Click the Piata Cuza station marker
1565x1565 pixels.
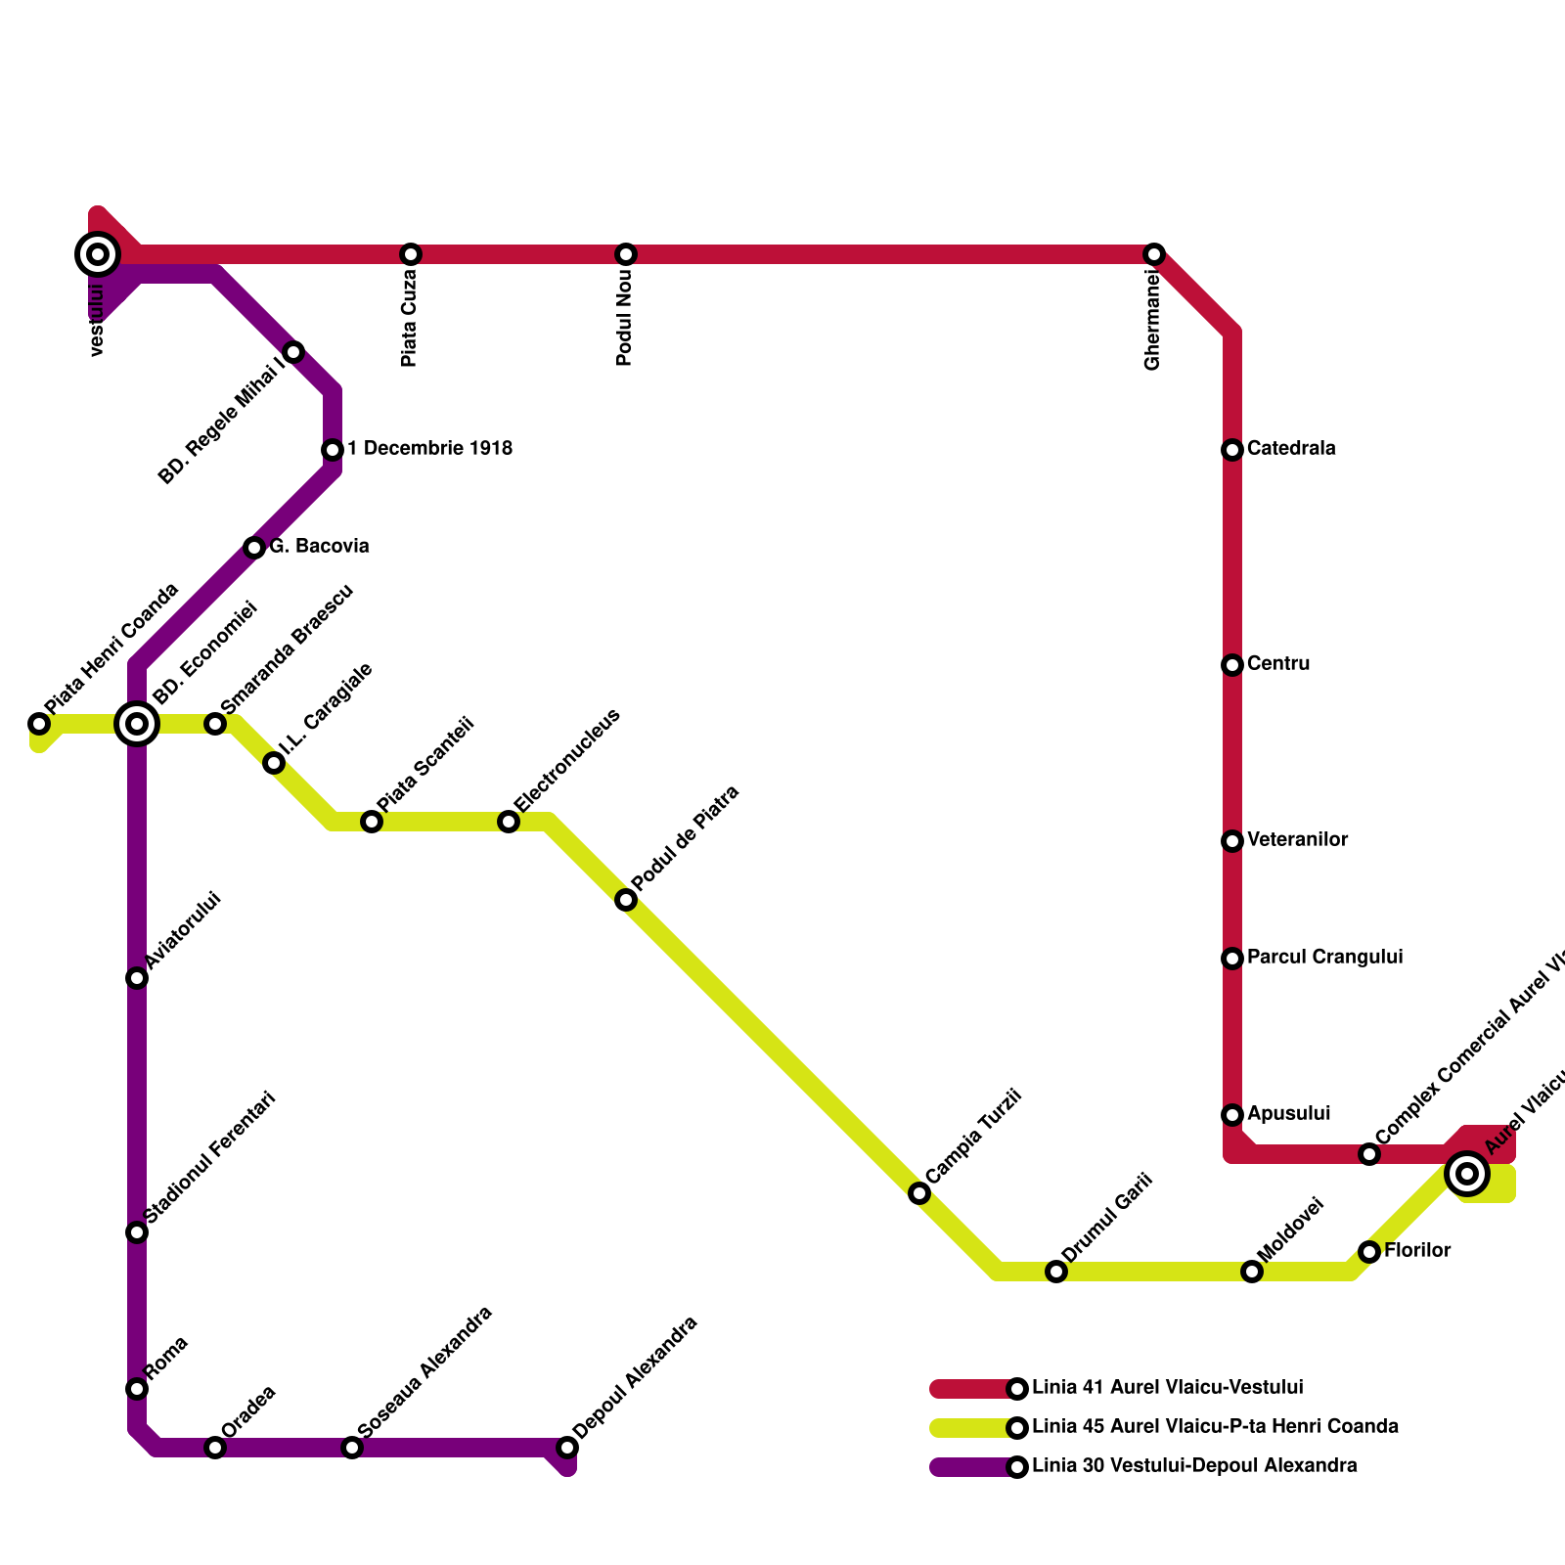pyautogui.click(x=411, y=254)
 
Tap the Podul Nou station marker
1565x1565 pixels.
pyautogui.click(x=626, y=254)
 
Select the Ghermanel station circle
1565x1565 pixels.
pyautogui.click(x=1154, y=254)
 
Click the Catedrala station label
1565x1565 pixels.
pyautogui.click(x=1291, y=449)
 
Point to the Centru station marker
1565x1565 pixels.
pyautogui.click(x=1232, y=665)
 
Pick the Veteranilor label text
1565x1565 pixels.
pyautogui.click(x=1297, y=840)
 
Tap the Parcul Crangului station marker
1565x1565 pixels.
pyautogui.click(x=1232, y=959)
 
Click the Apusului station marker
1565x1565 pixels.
pyautogui.click(x=1232, y=1115)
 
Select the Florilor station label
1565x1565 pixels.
pyautogui.click(x=1417, y=1251)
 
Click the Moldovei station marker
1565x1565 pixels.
pyautogui.click(x=1252, y=1272)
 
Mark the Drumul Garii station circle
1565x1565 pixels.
pyautogui.click(x=1056, y=1272)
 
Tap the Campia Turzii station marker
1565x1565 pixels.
pyautogui.click(x=919, y=1193)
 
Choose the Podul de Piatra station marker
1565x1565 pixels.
pyautogui.click(x=626, y=900)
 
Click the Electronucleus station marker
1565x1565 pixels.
pyautogui.click(x=509, y=822)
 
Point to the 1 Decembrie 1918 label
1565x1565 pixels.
pyautogui.click(x=429, y=449)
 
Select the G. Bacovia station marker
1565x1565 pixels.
pyautogui.click(x=254, y=548)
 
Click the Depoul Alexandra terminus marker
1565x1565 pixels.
pyautogui.click(x=567, y=1448)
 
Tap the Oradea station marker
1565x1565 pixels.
pyautogui.click(x=215, y=1448)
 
